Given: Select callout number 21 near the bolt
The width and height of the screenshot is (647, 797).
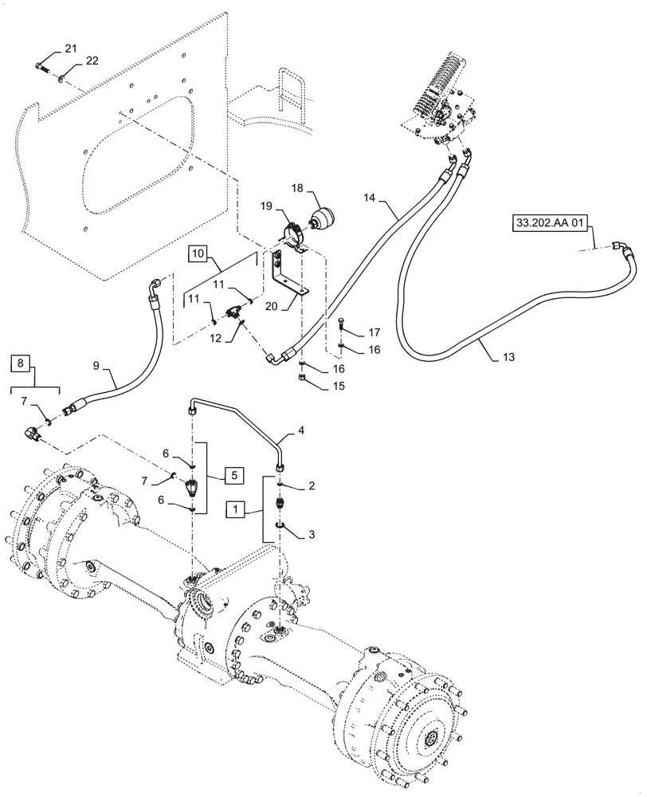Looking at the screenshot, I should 71,49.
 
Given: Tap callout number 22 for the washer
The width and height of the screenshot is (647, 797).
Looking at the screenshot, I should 92,62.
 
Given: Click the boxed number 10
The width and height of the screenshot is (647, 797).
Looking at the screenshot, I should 199,253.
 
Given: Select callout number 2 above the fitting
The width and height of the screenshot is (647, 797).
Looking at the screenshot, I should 312,486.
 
